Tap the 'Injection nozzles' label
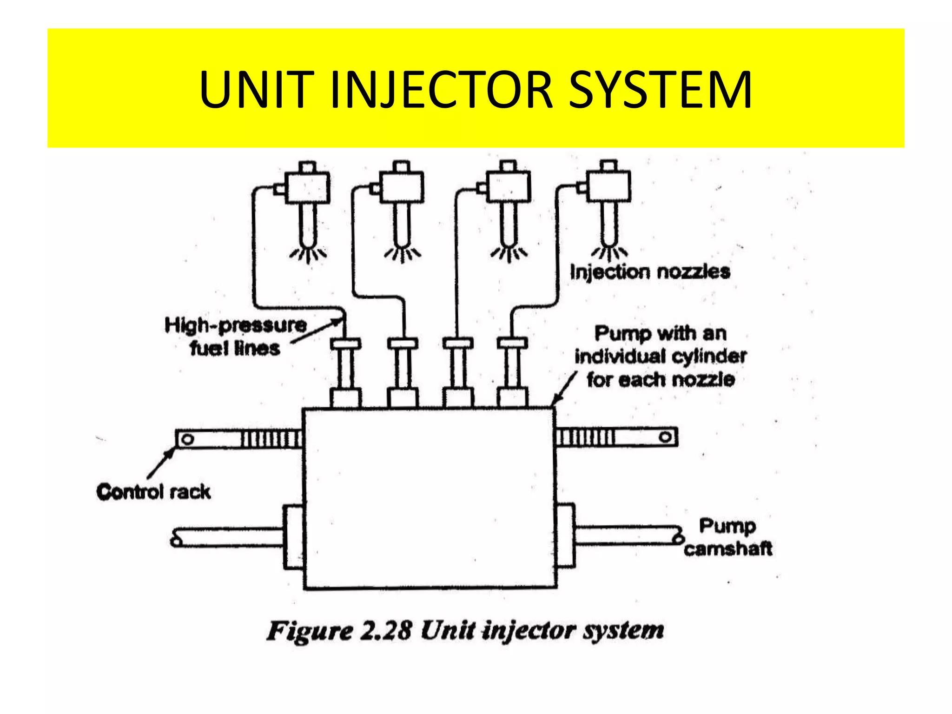click(649, 272)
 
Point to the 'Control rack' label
click(153, 492)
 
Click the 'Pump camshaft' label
click(727, 537)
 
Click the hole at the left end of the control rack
click(187, 439)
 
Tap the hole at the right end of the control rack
click(665, 437)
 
